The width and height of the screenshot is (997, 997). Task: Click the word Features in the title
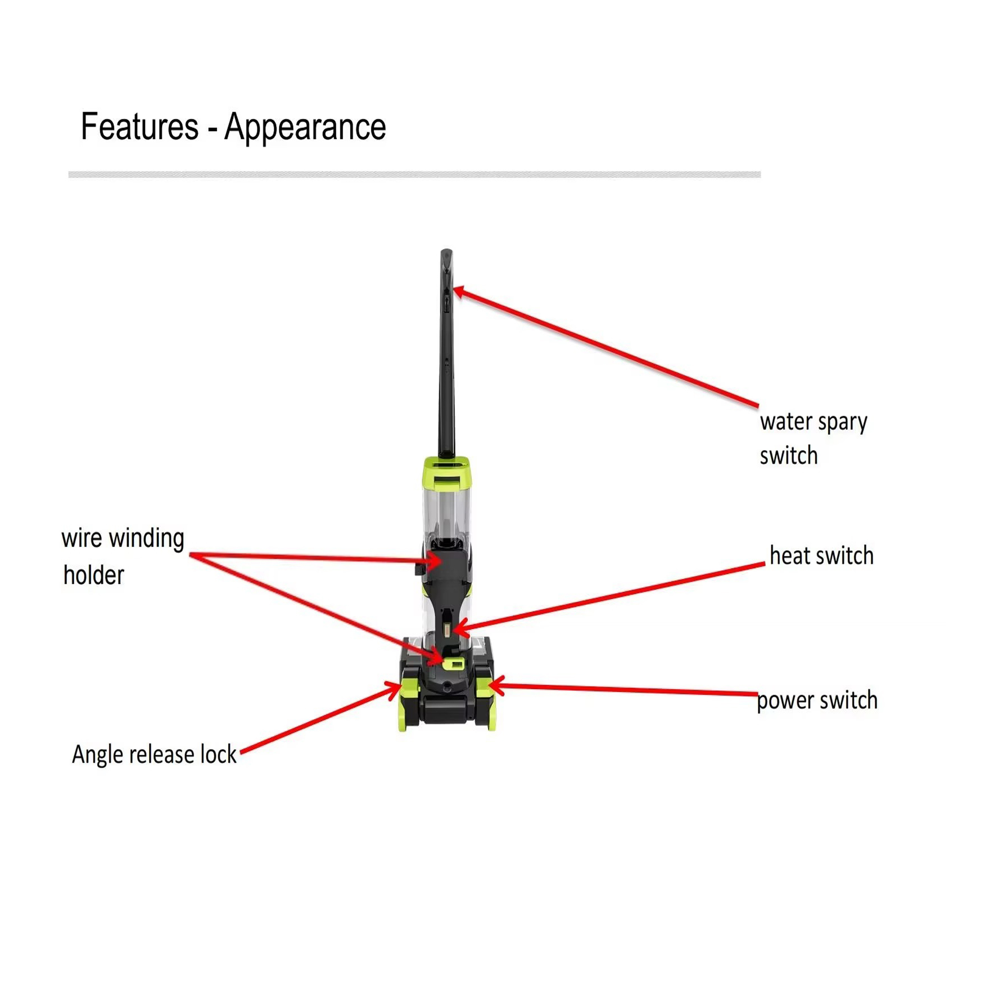pos(139,126)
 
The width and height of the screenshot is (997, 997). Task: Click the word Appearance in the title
pos(305,126)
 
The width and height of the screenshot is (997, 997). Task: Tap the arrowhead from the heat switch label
pos(458,630)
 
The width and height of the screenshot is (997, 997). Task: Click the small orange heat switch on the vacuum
pos(446,630)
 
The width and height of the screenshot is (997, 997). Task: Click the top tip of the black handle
pos(446,252)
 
